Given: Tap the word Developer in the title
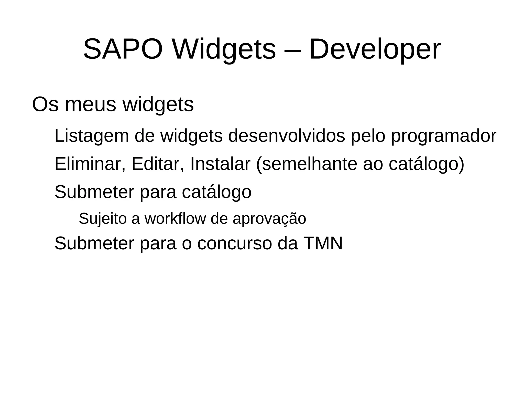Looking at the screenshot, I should tap(375, 49).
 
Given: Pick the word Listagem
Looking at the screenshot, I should tap(92, 136).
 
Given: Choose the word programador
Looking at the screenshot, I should tap(444, 136).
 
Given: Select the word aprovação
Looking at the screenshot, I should tap(269, 219).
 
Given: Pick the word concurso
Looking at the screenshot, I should tap(235, 243).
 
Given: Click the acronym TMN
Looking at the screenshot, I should tap(323, 243).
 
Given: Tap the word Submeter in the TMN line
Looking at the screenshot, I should tap(94, 243).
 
